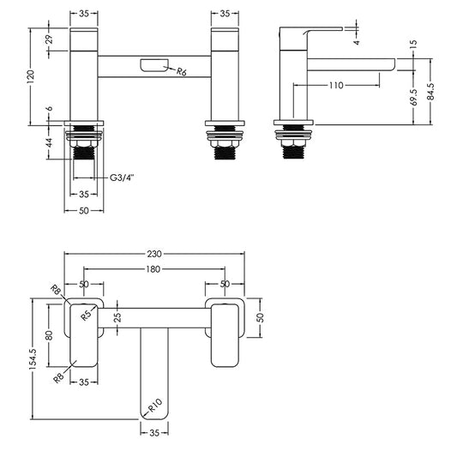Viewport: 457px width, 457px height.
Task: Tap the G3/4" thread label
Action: click(121, 177)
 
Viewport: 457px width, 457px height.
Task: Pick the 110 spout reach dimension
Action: click(335, 86)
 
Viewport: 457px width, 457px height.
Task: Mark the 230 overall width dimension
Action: click(155, 254)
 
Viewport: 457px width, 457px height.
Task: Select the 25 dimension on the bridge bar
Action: click(117, 318)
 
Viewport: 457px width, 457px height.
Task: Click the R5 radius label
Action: click(87, 315)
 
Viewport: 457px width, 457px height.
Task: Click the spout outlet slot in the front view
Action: click(153, 64)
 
